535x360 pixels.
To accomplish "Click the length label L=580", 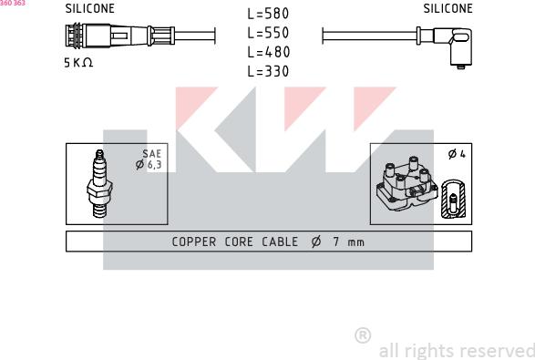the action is click(268, 14).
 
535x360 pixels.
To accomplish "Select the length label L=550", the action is click(268, 33).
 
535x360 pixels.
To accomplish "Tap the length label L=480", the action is click(268, 52).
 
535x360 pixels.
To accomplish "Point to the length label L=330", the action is click(268, 71).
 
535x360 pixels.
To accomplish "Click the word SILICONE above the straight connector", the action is click(89, 8).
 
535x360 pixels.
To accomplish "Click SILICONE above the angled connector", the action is click(448, 8).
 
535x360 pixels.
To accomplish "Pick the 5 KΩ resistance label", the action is click(78, 63).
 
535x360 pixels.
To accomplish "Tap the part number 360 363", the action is click(13, 3).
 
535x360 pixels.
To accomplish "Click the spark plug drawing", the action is click(99, 183).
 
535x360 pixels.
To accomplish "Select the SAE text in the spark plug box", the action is click(152, 154).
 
